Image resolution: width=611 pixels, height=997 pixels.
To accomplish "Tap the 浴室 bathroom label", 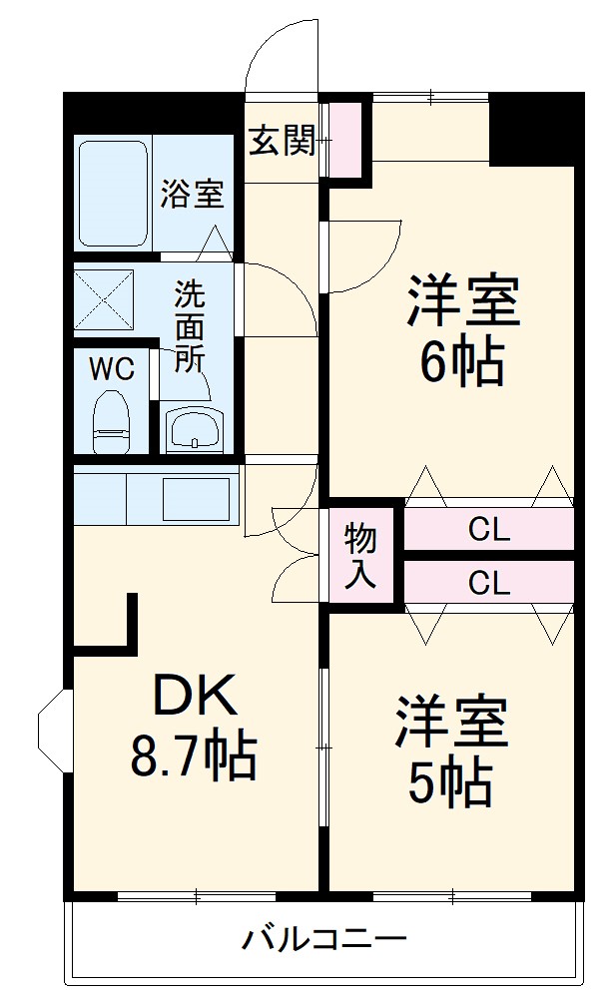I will click(192, 193).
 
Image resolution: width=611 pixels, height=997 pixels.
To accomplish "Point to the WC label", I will click(112, 369).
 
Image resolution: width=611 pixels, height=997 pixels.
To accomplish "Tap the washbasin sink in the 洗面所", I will click(195, 428).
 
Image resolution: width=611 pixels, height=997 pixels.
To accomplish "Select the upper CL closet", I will click(488, 530).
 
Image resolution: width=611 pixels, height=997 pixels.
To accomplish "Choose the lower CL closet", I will click(488, 582).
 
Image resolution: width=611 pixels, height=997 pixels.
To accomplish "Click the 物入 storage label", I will click(361, 557).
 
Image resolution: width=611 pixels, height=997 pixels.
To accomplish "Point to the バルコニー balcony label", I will click(324, 939).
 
